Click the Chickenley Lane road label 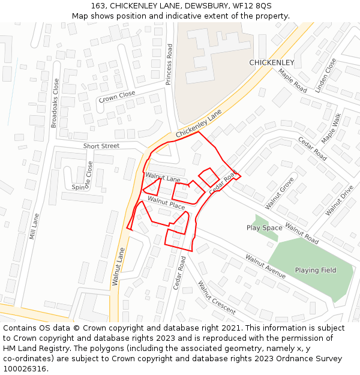pos(199,124)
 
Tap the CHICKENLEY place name pos(272,62)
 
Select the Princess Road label pos(169,64)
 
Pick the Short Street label pos(101,146)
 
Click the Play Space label pos(264,228)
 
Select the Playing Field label pos(316,270)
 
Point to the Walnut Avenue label pos(265,266)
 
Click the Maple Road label pos(292,80)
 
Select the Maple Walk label pos(331,128)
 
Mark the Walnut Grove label pos(280,193)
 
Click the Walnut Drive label pos(339,200)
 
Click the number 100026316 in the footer pos(24,369)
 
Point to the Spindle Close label pos(83,179)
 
